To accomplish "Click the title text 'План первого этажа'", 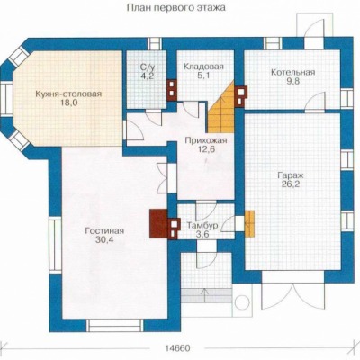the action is coord(176,7).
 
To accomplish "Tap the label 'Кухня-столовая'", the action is coord(68,94).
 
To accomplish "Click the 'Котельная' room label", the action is coord(293,72).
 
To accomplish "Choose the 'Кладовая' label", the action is coord(203,67).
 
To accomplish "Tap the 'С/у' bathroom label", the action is coord(148,67).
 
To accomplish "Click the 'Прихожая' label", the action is coord(206,140).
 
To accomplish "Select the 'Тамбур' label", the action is coord(202,225).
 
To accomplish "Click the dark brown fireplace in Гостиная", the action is coord(158,224).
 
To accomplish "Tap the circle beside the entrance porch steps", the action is coord(241,302).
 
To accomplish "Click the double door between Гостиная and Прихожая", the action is coord(164,177).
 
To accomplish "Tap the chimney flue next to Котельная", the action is coord(242,96).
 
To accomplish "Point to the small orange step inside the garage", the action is coord(249,223).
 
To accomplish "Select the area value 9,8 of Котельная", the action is coord(293,81).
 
